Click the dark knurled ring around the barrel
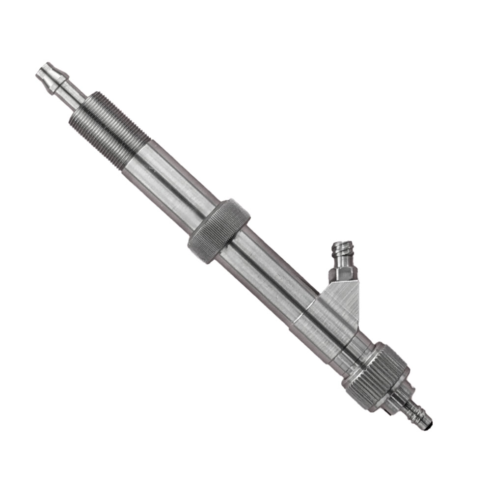tap(218, 231)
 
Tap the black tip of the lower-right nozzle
tap(430, 421)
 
